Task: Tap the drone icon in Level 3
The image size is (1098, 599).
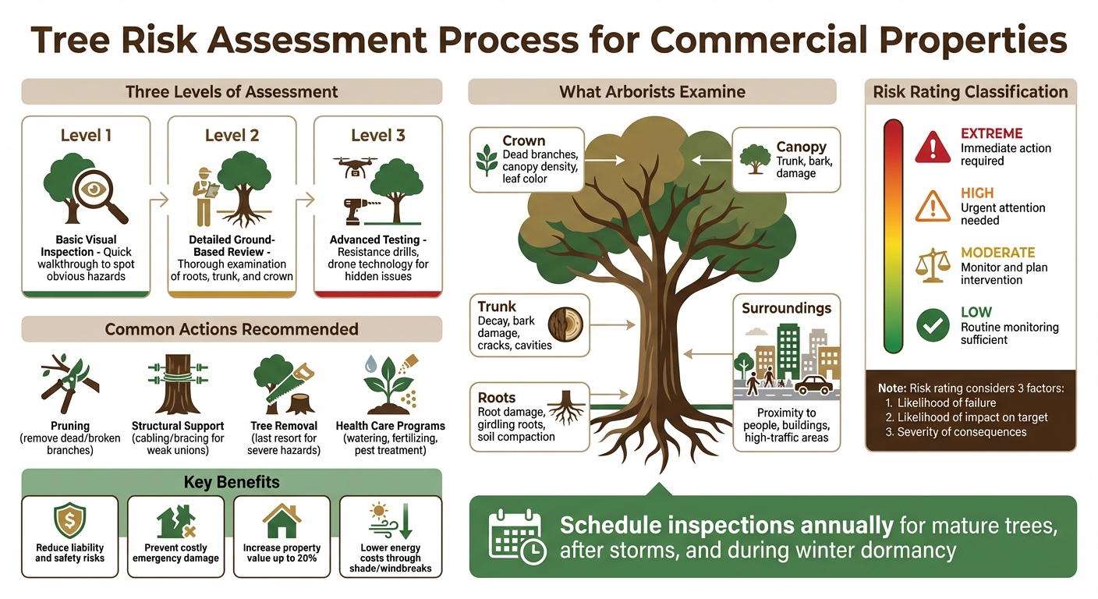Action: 356,165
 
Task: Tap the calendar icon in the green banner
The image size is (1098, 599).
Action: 515,537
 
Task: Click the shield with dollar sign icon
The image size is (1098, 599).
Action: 69,520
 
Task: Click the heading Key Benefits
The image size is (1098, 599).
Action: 232,482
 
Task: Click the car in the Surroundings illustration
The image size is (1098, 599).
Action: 814,385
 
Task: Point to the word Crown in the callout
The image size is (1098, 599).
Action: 523,140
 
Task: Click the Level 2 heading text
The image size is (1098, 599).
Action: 232,135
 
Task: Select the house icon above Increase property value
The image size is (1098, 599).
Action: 282,520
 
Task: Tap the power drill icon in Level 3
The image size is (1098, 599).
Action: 359,211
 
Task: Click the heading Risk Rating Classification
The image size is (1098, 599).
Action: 970,92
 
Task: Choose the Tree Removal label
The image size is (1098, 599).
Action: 284,426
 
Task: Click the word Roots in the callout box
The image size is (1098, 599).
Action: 497,397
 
